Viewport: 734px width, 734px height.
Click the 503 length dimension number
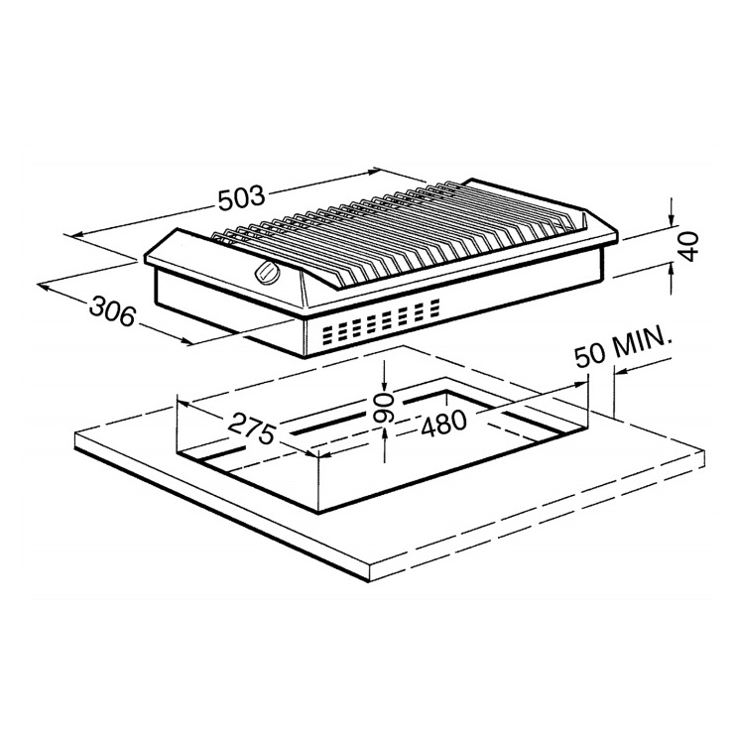[x=242, y=198]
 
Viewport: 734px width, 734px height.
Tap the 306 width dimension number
[x=112, y=310]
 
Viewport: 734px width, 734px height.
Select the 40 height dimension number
[x=687, y=246]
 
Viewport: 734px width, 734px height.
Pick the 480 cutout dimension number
[x=443, y=424]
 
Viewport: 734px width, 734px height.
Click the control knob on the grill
[x=267, y=272]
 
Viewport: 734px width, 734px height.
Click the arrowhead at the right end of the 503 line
[x=373, y=172]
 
